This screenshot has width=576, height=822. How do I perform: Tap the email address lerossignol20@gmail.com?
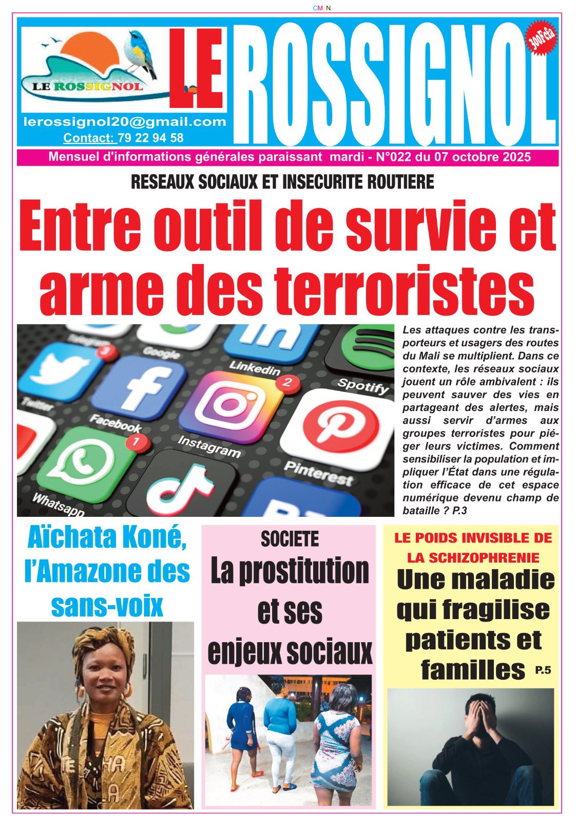125,122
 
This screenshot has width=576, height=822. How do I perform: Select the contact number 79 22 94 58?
150,138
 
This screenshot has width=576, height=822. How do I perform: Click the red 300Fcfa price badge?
542,38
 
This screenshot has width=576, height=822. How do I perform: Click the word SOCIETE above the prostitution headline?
290,539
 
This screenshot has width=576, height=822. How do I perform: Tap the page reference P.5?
542,669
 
